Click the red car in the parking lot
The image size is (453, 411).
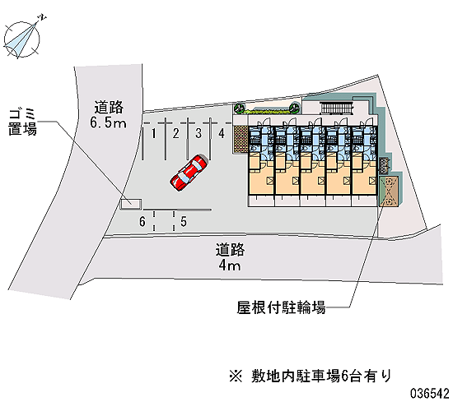[189, 173]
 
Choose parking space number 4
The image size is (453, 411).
[222, 140]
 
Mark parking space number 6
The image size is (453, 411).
[142, 221]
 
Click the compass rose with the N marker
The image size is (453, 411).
[21, 39]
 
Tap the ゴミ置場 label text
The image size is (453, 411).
[22, 122]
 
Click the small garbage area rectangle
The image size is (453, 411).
[131, 204]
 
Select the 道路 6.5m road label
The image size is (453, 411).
[109, 114]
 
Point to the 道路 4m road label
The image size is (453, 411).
[230, 257]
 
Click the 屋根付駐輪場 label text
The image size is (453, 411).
[281, 307]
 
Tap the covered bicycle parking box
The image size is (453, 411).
[389, 191]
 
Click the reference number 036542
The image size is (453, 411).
[430, 394]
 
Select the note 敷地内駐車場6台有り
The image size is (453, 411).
[311, 376]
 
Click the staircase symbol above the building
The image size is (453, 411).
[337, 109]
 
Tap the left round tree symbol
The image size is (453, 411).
[240, 109]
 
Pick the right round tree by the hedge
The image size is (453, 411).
[294, 109]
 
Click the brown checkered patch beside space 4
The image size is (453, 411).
[241, 139]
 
